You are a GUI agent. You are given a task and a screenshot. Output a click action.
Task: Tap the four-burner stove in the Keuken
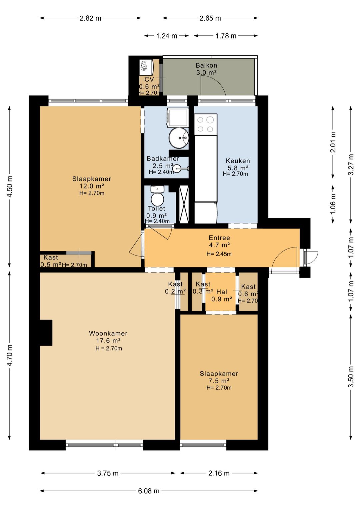pyautogui.click(x=205, y=124)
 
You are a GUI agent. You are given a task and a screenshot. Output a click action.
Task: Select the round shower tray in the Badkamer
pyautogui.click(x=179, y=138)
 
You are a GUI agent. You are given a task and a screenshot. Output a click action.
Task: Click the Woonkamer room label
pyautogui.click(x=108, y=333)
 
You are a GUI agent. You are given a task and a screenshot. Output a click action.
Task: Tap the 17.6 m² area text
pyautogui.click(x=108, y=341)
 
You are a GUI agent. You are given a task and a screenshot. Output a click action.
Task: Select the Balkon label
pyautogui.click(x=206, y=65)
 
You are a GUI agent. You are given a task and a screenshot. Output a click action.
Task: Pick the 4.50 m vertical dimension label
pyautogui.click(x=10, y=187)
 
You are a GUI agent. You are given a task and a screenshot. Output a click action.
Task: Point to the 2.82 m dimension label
pyautogui.click(x=90, y=18)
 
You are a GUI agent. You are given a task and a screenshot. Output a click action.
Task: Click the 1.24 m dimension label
pyautogui.click(x=167, y=36)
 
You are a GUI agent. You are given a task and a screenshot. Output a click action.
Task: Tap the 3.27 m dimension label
pyautogui.click(x=351, y=164)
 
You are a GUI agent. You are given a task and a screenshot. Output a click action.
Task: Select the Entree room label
pyautogui.click(x=219, y=238)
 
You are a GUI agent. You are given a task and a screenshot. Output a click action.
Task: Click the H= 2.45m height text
pyautogui.click(x=219, y=254)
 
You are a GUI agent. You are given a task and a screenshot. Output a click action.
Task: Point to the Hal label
pyautogui.click(x=222, y=292)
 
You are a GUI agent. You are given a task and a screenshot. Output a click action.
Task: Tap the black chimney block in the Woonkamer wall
pyautogui.click(x=46, y=333)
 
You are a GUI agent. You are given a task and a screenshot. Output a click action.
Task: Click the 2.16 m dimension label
pyautogui.click(x=219, y=473)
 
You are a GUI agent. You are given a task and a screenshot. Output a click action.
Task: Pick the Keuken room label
pyautogui.click(x=238, y=161)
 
